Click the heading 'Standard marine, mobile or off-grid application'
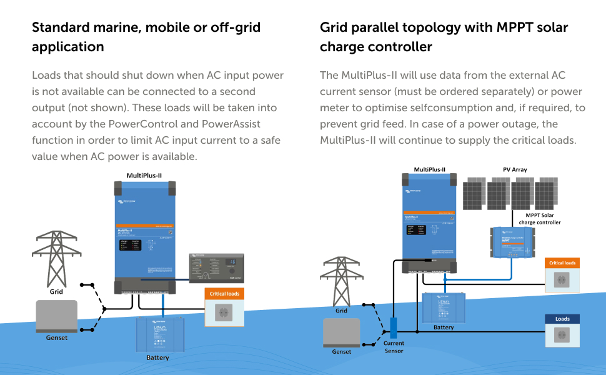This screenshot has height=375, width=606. click(146, 37)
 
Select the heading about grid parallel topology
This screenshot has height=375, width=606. click(444, 37)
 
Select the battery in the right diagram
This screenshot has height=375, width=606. click(444, 307)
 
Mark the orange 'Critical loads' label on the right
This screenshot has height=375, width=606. click(562, 263)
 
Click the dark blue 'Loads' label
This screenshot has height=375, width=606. click(562, 319)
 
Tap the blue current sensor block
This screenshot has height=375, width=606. click(394, 327)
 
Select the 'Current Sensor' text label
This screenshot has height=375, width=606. click(394, 347)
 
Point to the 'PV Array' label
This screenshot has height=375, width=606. click(515, 169)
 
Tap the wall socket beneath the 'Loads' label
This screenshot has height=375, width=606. click(562, 336)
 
